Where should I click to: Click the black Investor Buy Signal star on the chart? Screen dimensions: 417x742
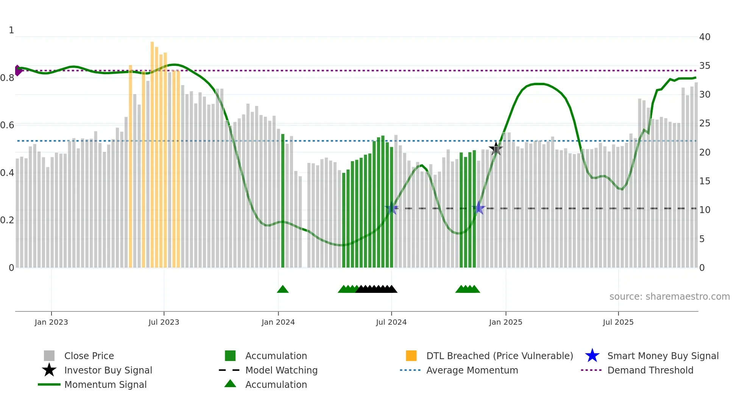pyautogui.click(x=496, y=149)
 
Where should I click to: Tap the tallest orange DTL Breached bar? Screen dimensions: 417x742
pyautogui.click(x=152, y=151)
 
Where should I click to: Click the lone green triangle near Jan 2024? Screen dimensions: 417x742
pyautogui.click(x=283, y=289)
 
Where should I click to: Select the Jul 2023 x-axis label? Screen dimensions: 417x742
pyautogui.click(x=164, y=322)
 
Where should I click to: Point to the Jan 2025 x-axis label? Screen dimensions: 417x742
pyautogui.click(x=505, y=322)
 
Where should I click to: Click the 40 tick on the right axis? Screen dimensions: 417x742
pyautogui.click(x=705, y=37)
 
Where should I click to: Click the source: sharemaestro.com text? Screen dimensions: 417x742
pyautogui.click(x=669, y=297)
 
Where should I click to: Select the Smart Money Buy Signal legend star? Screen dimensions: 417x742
pyautogui.click(x=592, y=356)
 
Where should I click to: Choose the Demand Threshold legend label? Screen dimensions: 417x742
pyautogui.click(x=650, y=370)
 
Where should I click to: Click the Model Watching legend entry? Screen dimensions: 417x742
pyautogui.click(x=281, y=370)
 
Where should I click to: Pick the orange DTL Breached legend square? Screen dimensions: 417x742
pyautogui.click(x=411, y=356)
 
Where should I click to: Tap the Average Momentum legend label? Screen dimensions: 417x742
pyautogui.click(x=472, y=370)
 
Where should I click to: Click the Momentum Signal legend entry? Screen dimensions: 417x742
pyautogui.click(x=105, y=384)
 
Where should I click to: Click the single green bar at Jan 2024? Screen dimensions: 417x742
pyautogui.click(x=283, y=201)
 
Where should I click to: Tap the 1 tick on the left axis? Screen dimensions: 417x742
pyautogui.click(x=11, y=30)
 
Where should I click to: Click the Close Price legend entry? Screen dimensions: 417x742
pyautogui.click(x=89, y=356)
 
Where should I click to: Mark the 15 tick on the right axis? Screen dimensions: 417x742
pyautogui.click(x=705, y=181)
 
